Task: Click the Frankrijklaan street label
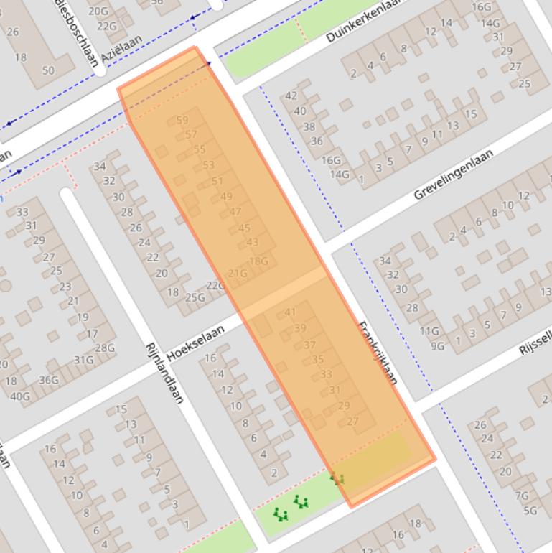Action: point(378,352)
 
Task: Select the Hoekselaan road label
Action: point(195,343)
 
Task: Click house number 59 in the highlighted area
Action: point(182,120)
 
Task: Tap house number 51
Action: point(217,181)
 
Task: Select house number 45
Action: point(244,228)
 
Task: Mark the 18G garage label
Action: point(258,261)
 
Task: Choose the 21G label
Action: point(237,273)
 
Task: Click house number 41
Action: point(290,312)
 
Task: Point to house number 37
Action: point(309,345)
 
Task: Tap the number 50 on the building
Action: point(48,70)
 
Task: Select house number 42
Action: point(291,96)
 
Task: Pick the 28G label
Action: point(105,348)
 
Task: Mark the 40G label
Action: point(20,396)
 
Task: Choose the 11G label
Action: point(429,331)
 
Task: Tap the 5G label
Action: point(530,511)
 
